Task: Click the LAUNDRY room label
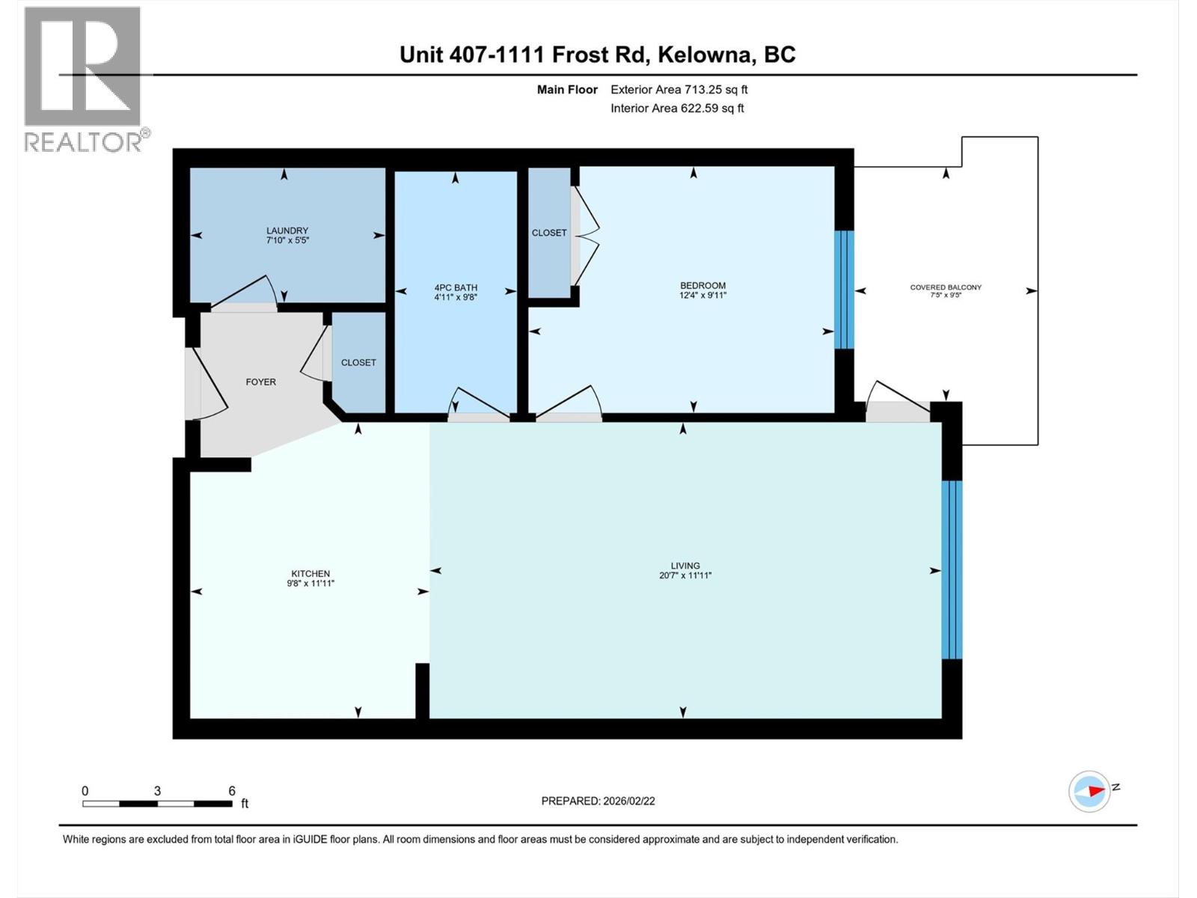coord(287,230)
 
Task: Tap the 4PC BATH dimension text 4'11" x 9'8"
coord(456,297)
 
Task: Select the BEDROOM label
coord(702,285)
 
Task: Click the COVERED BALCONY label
coord(946,287)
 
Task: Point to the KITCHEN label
coord(310,573)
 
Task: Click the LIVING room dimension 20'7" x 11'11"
coord(685,575)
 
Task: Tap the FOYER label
coord(261,382)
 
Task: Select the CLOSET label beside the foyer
coord(358,362)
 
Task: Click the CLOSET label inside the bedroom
coord(549,233)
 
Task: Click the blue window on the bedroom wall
coord(844,290)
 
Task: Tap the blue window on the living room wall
coord(952,569)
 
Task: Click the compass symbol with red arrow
coord(1089,791)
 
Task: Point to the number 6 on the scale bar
coord(232,790)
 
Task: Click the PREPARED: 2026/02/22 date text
coord(598,801)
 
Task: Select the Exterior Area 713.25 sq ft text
coord(679,90)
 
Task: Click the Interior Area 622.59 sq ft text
coord(677,109)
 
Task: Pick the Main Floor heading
coord(567,90)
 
